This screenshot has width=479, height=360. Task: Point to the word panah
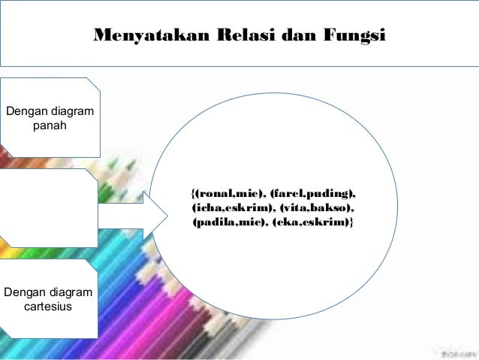pyautogui.click(x=50, y=126)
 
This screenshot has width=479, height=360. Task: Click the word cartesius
pyautogui.click(x=49, y=307)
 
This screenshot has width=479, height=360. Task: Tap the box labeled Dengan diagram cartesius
pyautogui.click(x=49, y=298)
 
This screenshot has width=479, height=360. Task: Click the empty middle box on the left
pyautogui.click(x=49, y=207)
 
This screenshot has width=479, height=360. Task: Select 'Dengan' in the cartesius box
pyautogui.click(x=26, y=292)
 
